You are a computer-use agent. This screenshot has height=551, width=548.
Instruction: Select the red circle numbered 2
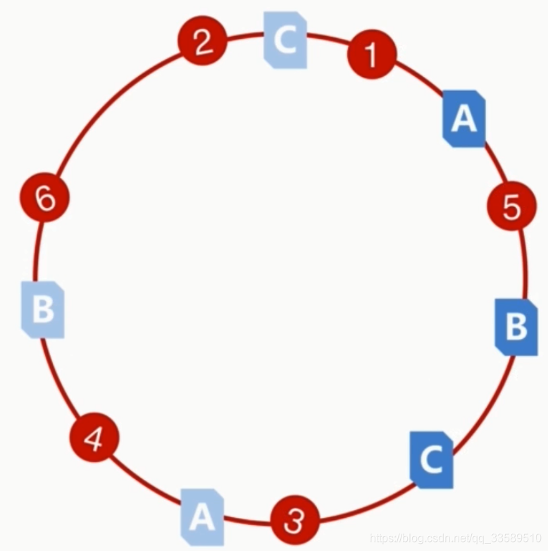click(202, 43)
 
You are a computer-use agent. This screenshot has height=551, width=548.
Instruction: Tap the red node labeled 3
click(295, 521)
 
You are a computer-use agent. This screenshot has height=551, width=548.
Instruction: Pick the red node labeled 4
click(94, 438)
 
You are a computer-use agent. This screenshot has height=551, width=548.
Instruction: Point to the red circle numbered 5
click(511, 206)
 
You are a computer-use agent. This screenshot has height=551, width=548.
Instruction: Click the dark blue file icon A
click(464, 118)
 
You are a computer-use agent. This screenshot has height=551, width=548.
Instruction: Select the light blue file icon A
click(202, 516)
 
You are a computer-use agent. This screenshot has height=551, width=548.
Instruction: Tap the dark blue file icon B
click(516, 326)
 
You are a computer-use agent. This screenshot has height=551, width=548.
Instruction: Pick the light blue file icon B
click(43, 309)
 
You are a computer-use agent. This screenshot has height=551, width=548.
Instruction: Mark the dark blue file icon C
click(431, 459)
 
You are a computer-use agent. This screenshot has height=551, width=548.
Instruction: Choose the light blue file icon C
click(285, 40)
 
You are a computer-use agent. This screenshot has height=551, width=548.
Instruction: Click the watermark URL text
click(458, 539)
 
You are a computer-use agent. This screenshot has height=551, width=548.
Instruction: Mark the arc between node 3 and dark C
click(366, 504)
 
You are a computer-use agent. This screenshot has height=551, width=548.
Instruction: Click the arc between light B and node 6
click(37, 250)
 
